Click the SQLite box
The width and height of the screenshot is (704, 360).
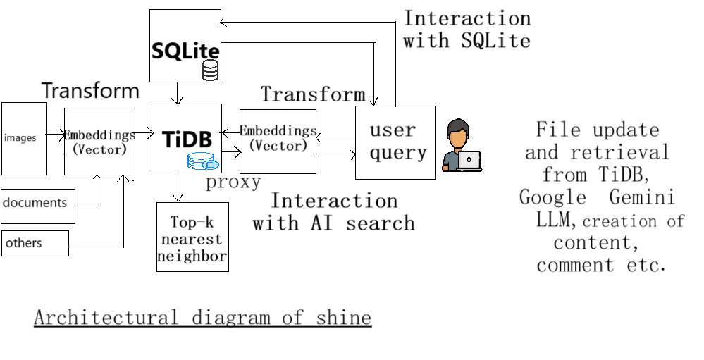tap(185, 46)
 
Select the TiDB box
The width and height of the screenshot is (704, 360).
tap(187, 139)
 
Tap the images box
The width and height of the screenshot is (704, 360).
tap(24, 139)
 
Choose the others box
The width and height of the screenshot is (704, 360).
tap(35, 243)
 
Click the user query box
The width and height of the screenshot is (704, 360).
tap(395, 143)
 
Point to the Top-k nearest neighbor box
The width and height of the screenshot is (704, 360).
tap(192, 237)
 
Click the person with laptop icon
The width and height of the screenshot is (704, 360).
tap(462, 145)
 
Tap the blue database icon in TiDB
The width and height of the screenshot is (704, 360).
tap(203, 161)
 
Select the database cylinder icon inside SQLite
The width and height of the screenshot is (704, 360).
tap(210, 70)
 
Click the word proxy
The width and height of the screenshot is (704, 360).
tap(233, 182)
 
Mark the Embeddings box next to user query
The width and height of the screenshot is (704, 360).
tap(278, 142)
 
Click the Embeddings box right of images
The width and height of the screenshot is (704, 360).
tap(99, 142)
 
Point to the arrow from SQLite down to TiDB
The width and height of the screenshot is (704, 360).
tap(178, 93)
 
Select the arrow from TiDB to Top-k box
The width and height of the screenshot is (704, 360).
tap(178, 187)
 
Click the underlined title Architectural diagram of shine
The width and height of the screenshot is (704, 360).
tap(203, 317)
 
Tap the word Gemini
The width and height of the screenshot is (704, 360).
tap(643, 197)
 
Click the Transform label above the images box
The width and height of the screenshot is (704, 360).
tap(91, 90)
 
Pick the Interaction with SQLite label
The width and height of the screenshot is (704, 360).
tap(467, 30)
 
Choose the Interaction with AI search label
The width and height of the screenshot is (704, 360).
tap(333, 212)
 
